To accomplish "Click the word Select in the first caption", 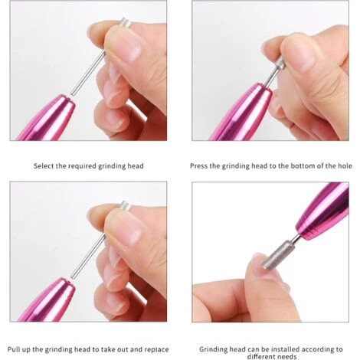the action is [x=44, y=166].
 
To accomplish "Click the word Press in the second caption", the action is [x=198, y=166].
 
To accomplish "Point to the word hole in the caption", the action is [x=345, y=166].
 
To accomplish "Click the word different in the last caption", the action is [x=261, y=356].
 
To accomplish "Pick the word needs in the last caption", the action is [x=287, y=356].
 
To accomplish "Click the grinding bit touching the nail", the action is [x=278, y=255].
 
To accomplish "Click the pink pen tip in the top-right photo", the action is [x=243, y=113].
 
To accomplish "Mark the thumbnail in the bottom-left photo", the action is [x=129, y=231].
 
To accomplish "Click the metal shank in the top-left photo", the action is [x=87, y=74].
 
